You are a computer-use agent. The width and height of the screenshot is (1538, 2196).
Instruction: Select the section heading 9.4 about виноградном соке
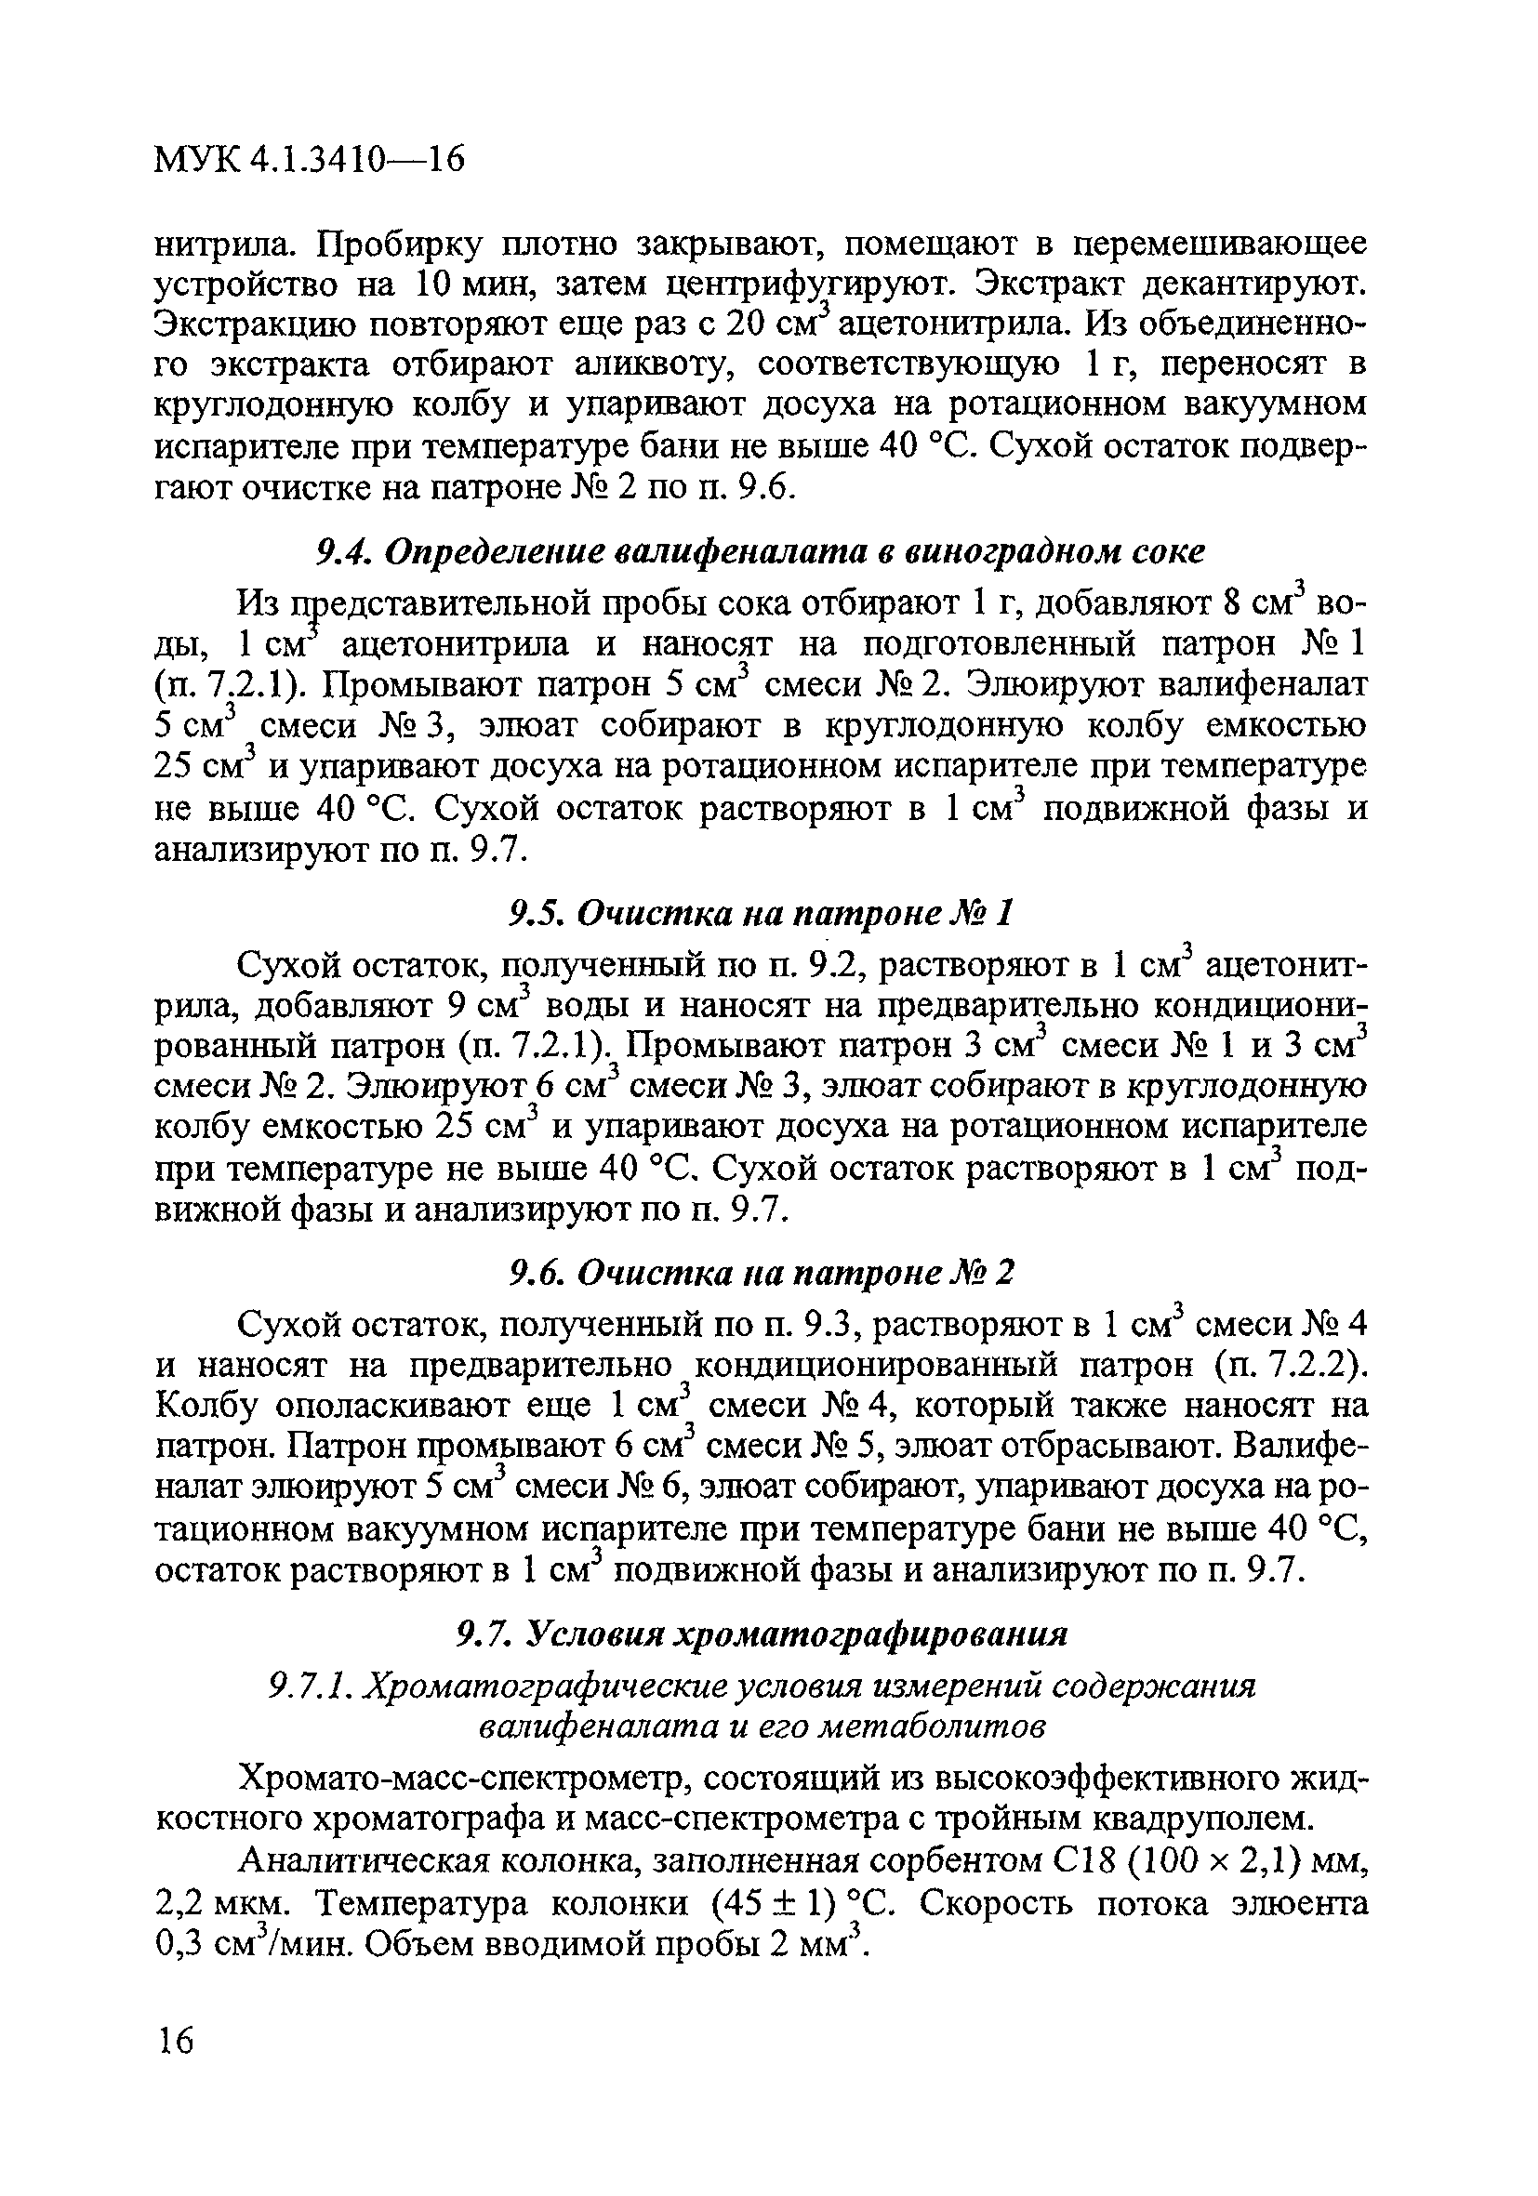(x=760, y=552)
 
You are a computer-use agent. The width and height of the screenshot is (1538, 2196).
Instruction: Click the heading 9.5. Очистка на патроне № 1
(x=760, y=913)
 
